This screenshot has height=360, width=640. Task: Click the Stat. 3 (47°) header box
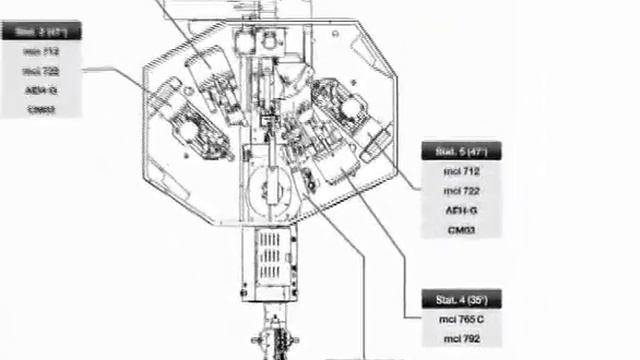[40, 31]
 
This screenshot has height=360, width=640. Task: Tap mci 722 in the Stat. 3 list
[40, 70]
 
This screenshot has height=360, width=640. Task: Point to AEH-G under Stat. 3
[40, 89]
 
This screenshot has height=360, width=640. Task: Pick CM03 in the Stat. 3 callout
[40, 108]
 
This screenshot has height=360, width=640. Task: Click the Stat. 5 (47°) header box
[461, 152]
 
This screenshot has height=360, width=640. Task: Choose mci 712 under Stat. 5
[461, 172]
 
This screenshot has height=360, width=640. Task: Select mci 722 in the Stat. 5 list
[461, 191]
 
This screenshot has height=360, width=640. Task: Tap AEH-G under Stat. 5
[461, 211]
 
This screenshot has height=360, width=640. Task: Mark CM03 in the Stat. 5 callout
[461, 230]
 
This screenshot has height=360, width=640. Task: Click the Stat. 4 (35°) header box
[461, 300]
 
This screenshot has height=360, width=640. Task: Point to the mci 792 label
[461, 339]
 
